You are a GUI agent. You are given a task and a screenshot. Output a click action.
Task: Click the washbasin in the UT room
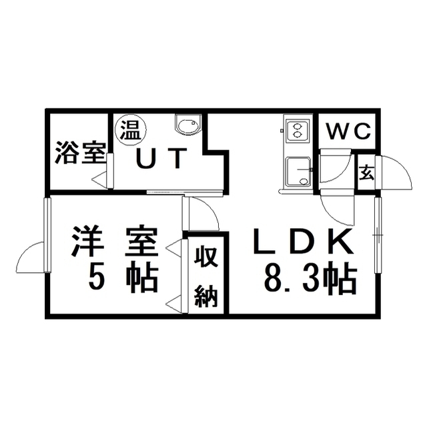pyautogui.click(x=188, y=125)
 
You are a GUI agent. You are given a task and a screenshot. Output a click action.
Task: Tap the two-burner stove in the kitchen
pyautogui.click(x=296, y=131)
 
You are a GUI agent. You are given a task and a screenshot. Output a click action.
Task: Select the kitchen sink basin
pyautogui.click(x=298, y=172)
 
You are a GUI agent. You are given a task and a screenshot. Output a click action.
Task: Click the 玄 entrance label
pyautogui.click(x=366, y=173)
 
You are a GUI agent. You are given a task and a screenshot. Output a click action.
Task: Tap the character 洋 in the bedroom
pyautogui.click(x=87, y=240)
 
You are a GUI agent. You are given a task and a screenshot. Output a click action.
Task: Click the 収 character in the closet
pyautogui.click(x=206, y=256)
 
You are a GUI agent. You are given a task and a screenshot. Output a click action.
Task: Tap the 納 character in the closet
pyautogui.click(x=206, y=296)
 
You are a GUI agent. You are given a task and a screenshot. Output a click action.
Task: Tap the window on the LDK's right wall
pyautogui.click(x=378, y=234)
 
